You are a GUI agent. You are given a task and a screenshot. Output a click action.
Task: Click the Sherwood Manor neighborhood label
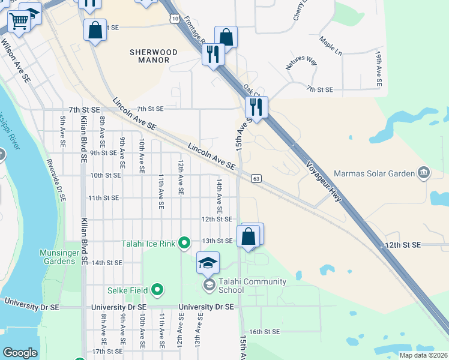pos(154,56)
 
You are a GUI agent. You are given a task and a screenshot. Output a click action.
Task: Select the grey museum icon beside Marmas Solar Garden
pos(425,173)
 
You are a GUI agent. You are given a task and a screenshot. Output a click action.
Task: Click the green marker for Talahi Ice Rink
pos(184,243)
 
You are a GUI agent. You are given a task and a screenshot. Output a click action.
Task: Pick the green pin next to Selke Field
pos(158,290)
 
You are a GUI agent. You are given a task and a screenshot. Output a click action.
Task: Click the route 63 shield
pos(256,178)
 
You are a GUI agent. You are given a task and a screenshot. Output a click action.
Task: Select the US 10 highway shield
pos(173,20)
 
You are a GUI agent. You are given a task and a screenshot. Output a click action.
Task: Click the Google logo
pos(20,353)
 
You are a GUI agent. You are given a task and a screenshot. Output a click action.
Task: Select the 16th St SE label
pos(265,332)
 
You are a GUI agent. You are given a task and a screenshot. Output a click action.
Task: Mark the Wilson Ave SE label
pos(16,61)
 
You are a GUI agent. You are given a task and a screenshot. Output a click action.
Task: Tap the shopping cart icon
pos(19,22)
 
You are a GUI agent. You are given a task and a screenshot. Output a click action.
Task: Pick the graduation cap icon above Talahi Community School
pos(208,263)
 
